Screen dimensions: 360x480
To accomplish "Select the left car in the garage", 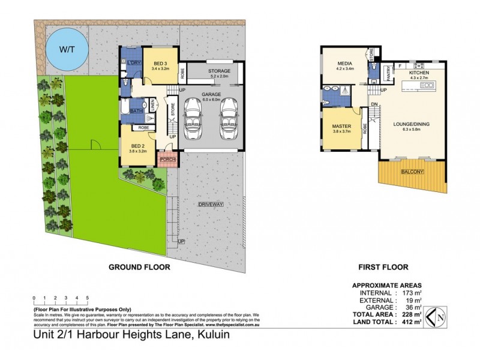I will coord(194,117).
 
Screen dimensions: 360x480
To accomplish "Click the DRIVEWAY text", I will coord(211,205).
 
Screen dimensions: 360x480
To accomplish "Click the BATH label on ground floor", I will coord(136,111).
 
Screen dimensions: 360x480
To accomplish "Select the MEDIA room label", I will coord(344,63).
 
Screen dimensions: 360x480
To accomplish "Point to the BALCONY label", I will coord(413,172).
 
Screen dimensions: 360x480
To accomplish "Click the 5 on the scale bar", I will coord(88,298).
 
